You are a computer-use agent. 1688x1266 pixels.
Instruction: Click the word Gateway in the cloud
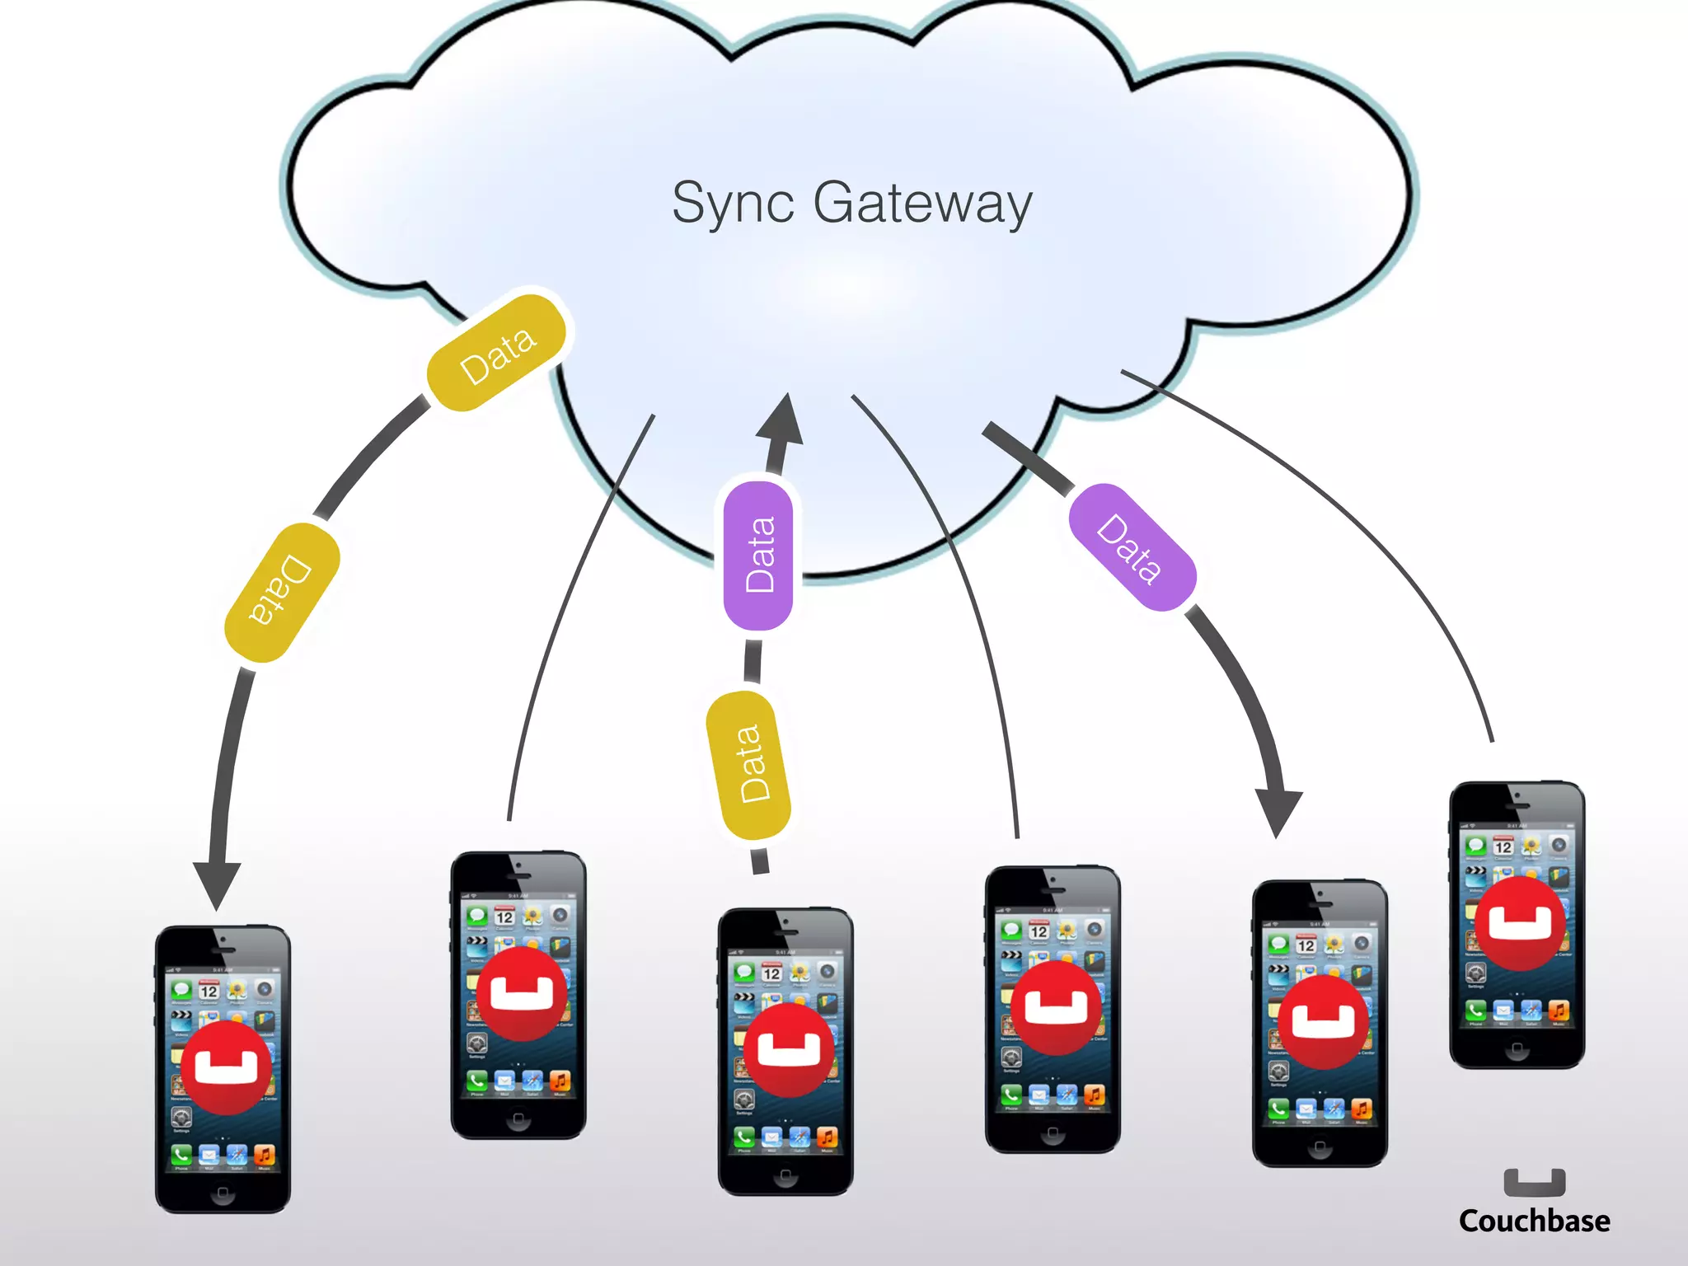point(922,203)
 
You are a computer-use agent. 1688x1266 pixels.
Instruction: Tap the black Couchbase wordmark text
point(1534,1221)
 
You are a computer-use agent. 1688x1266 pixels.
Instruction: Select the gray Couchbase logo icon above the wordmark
point(1534,1182)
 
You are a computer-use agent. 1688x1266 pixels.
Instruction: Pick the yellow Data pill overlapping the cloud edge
point(497,353)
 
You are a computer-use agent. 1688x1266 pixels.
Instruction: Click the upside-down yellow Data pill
point(282,592)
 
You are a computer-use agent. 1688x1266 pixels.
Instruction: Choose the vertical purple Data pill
point(758,556)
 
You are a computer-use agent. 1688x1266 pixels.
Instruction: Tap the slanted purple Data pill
point(1132,547)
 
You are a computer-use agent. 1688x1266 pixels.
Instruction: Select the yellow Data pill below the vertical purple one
point(749,765)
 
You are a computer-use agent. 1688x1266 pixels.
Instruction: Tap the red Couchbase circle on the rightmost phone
point(1519,923)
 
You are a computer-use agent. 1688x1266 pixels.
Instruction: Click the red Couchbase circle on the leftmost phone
point(226,1067)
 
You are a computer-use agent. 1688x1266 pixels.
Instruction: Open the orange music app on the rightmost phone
point(1558,1010)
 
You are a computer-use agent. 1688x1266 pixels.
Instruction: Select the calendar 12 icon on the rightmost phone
point(1503,846)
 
